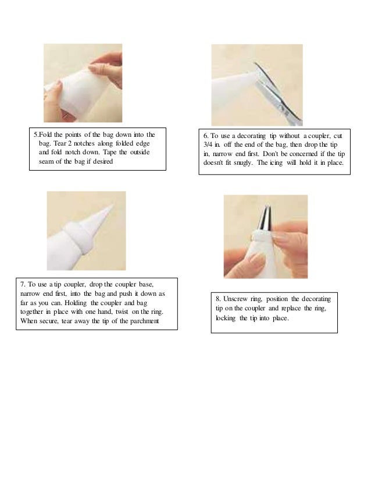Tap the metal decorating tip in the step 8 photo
265,218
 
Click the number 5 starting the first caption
35,135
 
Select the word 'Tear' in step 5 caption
60,143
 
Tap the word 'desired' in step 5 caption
102,161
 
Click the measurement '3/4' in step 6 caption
208,144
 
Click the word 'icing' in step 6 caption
276,163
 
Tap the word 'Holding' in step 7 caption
76,303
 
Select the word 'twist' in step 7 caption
122,312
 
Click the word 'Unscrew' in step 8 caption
235,299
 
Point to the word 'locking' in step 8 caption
226,318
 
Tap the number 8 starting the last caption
218,299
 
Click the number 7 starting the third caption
22,284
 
